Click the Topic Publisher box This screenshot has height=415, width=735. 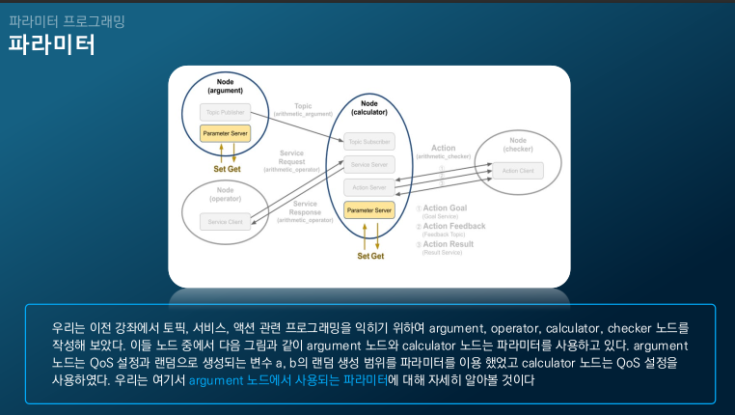225,112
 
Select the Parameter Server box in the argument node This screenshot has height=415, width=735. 225,132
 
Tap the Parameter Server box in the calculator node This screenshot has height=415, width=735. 369,209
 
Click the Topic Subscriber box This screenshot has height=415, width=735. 369,141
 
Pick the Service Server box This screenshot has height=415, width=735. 369,165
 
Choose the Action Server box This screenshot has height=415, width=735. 369,187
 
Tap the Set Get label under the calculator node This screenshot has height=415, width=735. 370,256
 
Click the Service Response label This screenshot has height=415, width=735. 305,207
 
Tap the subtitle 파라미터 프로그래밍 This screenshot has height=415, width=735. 67,19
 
